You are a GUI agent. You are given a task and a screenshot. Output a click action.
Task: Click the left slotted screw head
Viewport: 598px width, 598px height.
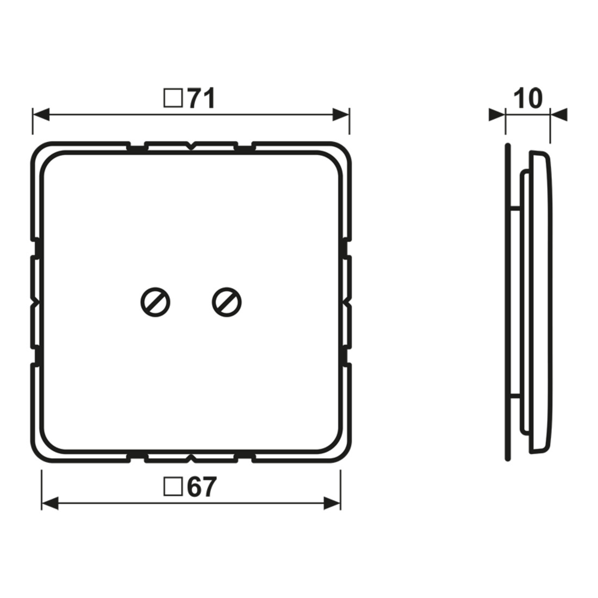coord(155,302)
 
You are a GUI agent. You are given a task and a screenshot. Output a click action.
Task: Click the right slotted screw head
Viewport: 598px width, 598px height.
coord(227,302)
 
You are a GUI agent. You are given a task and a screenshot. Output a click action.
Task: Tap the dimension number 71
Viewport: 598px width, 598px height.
coord(201,99)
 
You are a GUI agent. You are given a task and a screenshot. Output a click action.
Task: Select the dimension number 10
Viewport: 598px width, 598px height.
coord(527,99)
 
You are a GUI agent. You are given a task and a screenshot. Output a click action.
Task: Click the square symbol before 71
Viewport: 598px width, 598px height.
coord(173,98)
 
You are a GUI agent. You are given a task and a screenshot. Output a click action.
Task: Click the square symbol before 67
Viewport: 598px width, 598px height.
coord(173,487)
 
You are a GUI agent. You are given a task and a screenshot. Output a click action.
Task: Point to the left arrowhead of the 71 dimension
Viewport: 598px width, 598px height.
coord(41,114)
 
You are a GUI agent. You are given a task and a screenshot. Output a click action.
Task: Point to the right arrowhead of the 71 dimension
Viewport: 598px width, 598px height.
coord(341,114)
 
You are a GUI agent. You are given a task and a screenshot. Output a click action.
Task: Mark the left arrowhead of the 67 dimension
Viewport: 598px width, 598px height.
coord(49,503)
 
